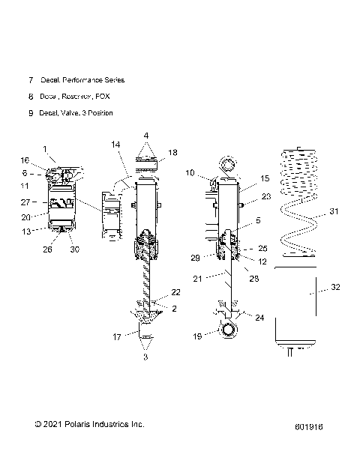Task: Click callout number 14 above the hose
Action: pyautogui.click(x=115, y=164)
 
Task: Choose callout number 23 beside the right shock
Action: pyautogui.click(x=265, y=198)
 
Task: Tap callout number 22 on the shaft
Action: pyautogui.click(x=176, y=292)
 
